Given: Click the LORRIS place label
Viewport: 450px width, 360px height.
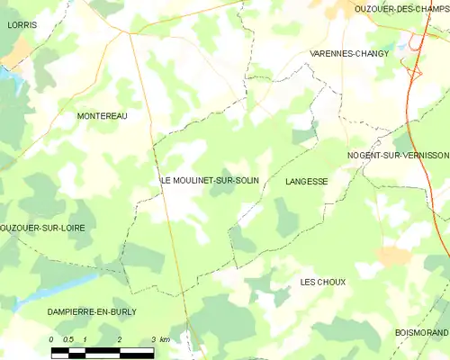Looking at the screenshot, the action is (x=22, y=25).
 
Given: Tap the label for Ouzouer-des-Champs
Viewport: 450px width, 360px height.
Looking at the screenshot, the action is (x=402, y=8).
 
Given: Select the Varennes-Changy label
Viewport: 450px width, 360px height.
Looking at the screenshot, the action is (x=349, y=54).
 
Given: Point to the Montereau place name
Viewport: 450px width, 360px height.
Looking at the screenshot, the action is (x=102, y=116).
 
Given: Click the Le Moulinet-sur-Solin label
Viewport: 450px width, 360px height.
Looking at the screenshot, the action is (x=210, y=181).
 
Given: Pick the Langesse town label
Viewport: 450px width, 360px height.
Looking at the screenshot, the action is (x=306, y=181).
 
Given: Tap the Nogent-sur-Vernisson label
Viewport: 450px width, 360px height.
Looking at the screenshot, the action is (x=398, y=156).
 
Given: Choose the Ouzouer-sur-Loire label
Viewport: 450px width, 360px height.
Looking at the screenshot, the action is (x=42, y=229).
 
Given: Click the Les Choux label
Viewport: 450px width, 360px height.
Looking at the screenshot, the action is (x=322, y=282).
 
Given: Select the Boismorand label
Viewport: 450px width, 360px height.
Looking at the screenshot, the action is (x=421, y=333).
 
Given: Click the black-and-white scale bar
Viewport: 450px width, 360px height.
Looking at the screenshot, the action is (x=103, y=351).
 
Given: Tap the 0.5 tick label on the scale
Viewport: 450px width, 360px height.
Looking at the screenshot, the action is (x=69, y=339).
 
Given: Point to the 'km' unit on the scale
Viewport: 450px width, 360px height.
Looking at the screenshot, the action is (x=163, y=339).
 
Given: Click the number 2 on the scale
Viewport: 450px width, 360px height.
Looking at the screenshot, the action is (x=119, y=339).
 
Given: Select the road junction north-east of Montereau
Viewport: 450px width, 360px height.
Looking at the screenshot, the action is (x=130, y=34).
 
